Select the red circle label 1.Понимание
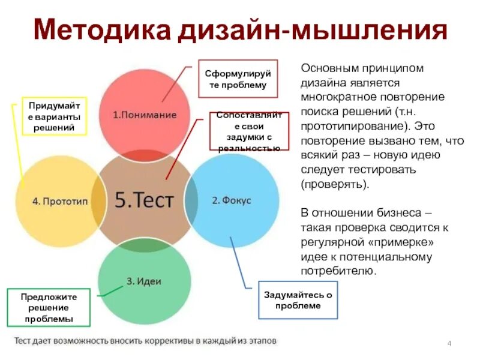pos(145,115)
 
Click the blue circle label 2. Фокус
pos(231,200)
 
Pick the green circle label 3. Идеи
pos(144,281)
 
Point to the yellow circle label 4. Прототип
pos(60,201)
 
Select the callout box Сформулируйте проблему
pos(238,79)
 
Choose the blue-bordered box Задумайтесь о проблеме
pos(298,300)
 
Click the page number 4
pos(449,342)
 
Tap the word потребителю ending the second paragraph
pos(338,271)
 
